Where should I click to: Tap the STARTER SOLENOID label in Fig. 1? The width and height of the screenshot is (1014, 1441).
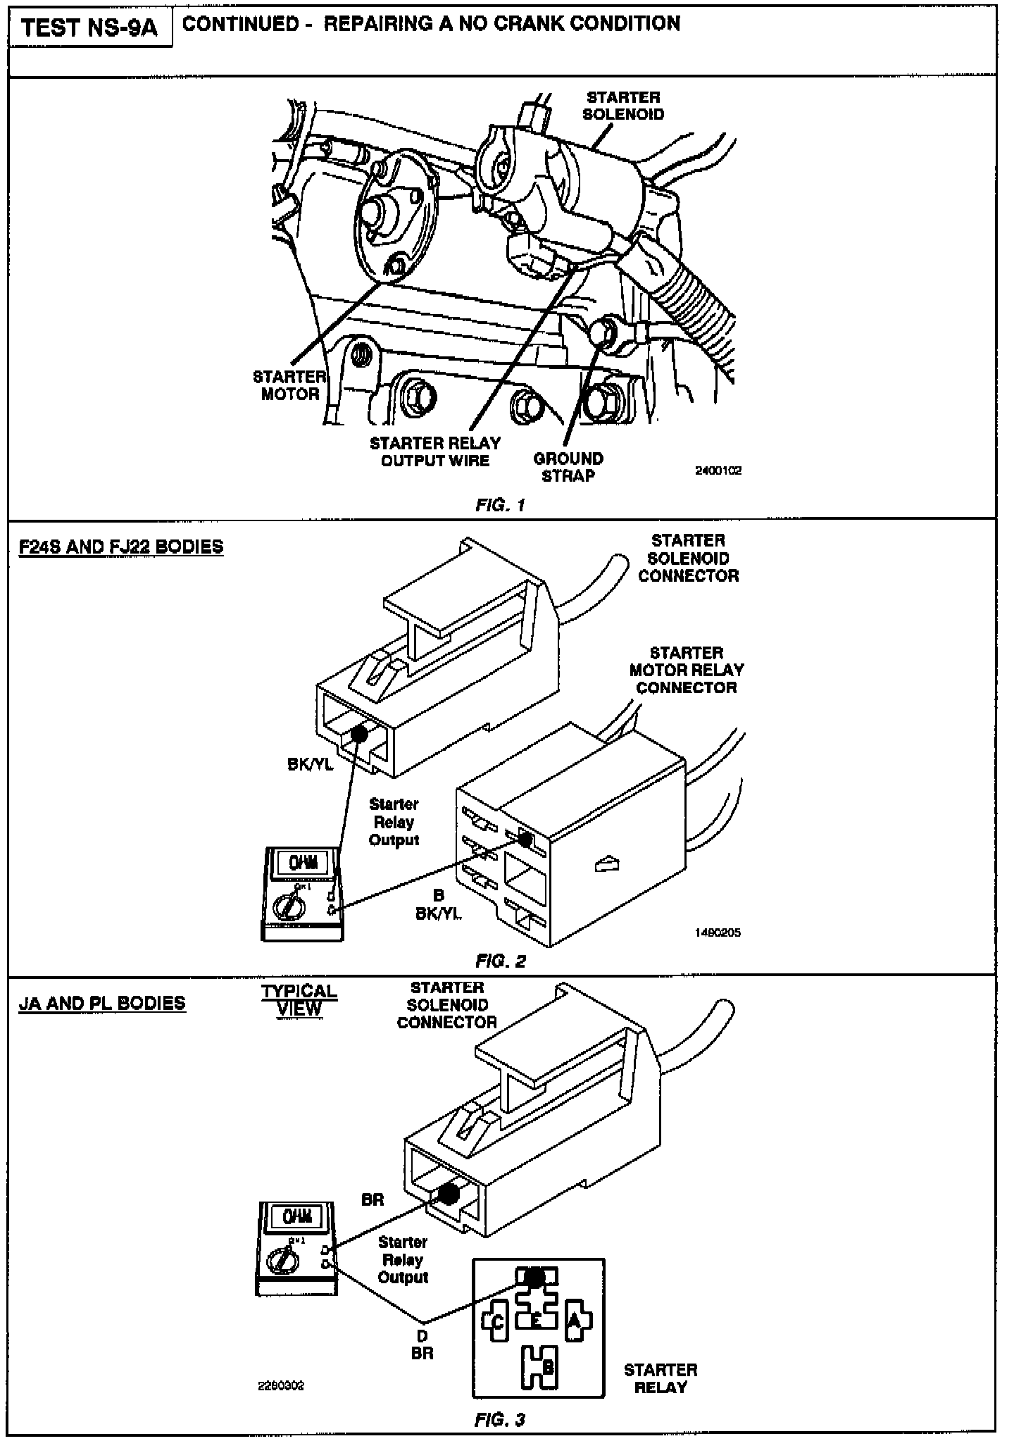623,106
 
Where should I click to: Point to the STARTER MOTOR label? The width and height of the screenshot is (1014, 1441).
289,385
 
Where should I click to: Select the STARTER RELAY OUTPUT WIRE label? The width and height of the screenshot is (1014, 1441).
435,451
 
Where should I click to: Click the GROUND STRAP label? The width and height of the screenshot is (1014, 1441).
568,467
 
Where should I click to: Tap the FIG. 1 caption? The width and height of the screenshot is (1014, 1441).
501,505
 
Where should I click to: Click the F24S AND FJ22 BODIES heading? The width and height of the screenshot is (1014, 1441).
121,547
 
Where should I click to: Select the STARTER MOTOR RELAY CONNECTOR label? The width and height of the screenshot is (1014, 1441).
687,670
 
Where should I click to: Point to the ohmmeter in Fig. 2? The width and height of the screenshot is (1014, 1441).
301,893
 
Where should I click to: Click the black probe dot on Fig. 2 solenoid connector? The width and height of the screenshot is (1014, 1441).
359,734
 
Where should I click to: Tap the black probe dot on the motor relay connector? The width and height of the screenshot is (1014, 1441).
525,839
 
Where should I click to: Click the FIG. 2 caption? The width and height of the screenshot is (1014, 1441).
501,961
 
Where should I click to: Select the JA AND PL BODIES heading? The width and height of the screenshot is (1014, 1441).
102,1003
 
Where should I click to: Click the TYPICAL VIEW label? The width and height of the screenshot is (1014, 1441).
299,1000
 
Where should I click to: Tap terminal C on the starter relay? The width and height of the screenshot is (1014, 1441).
496,1322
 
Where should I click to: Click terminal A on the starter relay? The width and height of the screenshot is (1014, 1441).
575,1322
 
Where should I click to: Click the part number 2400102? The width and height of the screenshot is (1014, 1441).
718,470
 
